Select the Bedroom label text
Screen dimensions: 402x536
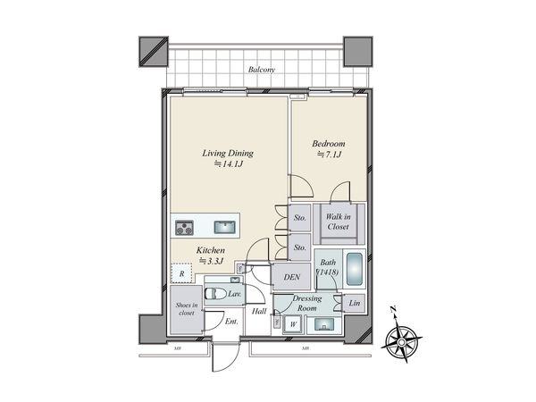[328, 144]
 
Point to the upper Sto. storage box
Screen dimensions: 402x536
[300, 216]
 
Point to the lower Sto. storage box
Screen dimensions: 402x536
[300, 247]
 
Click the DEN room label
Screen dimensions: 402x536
[291, 278]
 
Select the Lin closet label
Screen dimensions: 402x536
[355, 304]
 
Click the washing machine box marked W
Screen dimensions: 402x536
[291, 324]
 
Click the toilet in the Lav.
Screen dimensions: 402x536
[216, 292]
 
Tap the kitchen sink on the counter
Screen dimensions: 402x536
[223, 225]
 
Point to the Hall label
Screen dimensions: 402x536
[259, 311]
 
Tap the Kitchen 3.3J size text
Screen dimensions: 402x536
[212, 262]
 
